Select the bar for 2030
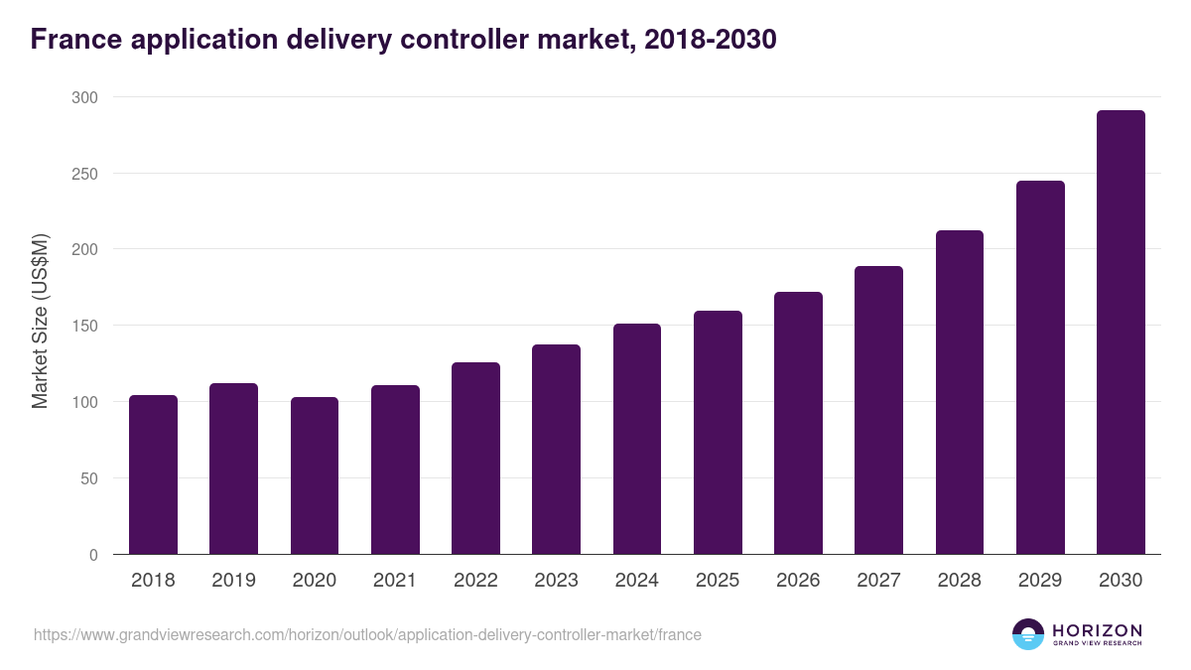(1121, 333)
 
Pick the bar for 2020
(315, 475)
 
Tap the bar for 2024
(636, 439)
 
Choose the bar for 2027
(878, 410)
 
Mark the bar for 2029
(1040, 367)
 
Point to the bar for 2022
(475, 458)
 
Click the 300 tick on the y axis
(84, 97)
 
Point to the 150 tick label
(84, 326)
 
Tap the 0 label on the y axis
(93, 555)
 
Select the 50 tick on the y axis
(88, 478)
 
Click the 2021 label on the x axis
(395, 581)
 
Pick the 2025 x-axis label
(718, 581)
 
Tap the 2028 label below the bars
(959, 581)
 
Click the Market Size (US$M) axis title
(40, 322)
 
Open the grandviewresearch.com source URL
(367, 634)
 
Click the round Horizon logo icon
(1028, 634)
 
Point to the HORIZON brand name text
(1097, 630)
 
